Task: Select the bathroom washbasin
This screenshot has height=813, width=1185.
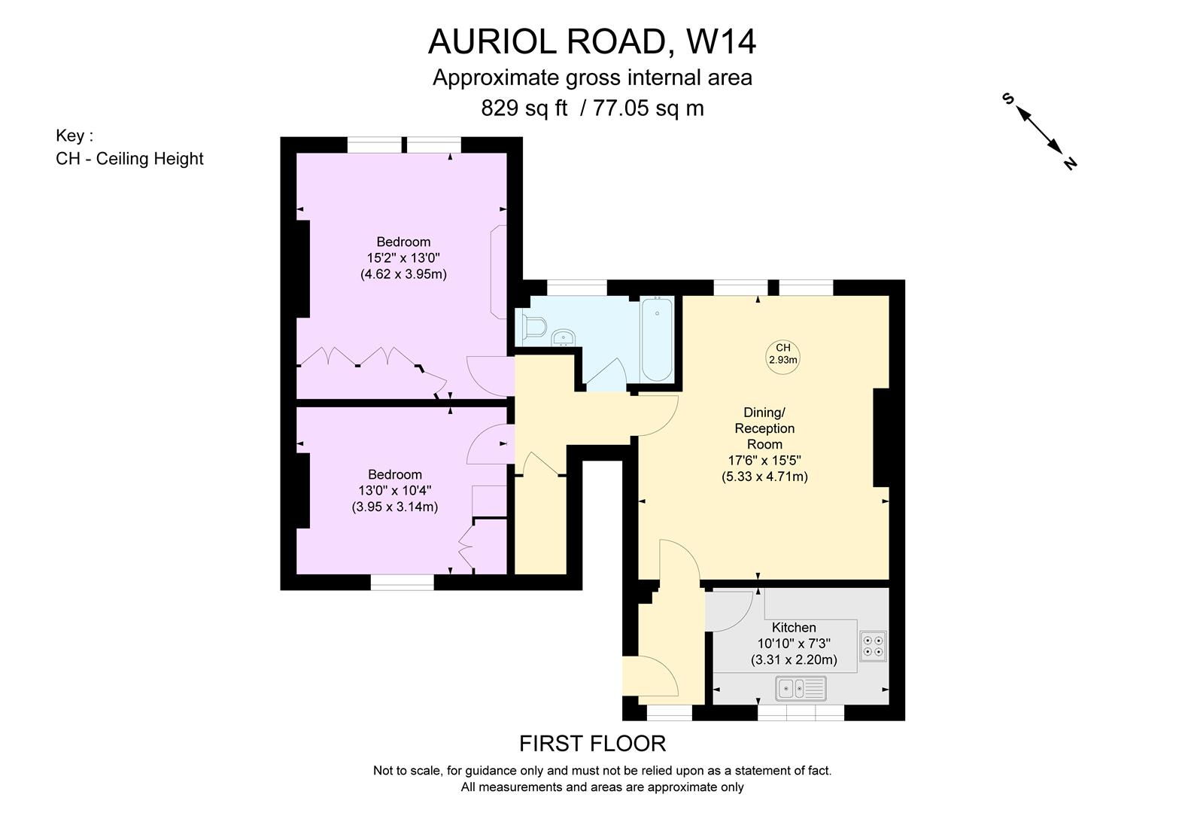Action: point(564,337)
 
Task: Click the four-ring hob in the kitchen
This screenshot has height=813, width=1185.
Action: point(874,646)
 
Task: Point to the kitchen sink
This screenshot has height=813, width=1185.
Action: point(801,688)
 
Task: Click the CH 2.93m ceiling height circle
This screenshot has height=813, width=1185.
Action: point(782,354)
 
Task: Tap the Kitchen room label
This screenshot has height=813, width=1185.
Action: point(794,628)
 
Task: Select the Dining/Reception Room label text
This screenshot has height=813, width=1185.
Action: point(764,428)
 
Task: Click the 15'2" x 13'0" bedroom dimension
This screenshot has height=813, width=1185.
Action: point(403,258)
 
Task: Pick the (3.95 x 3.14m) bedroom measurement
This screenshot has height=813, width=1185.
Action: point(395,507)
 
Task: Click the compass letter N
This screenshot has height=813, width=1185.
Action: point(1069,163)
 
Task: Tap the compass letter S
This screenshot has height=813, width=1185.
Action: point(1008,99)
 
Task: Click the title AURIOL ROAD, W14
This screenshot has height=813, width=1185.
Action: point(591,42)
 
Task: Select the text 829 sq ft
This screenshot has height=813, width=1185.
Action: point(524,108)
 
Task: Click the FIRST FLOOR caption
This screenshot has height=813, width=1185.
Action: point(592,744)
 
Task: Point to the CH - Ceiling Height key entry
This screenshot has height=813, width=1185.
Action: point(129,159)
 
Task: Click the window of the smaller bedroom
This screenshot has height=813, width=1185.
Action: point(402,582)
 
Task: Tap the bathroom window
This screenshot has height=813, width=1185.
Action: point(576,288)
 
